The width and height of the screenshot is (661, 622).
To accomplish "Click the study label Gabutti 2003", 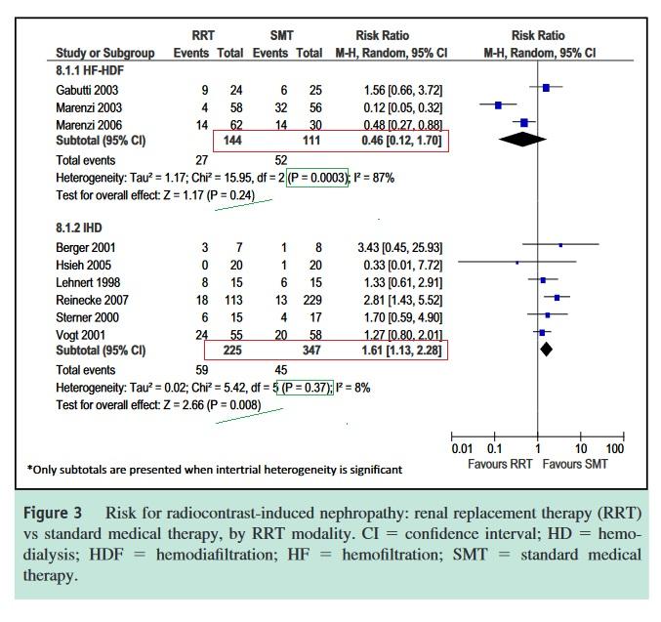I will (86, 90).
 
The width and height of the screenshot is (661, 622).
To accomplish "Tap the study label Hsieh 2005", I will (82, 265).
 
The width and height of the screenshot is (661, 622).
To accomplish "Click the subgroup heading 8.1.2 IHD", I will (80, 228).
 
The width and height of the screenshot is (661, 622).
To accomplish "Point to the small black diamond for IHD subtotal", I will (546, 349).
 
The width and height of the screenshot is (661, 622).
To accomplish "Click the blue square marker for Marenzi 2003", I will (498, 104).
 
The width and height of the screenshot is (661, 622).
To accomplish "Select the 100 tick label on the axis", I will (614, 449).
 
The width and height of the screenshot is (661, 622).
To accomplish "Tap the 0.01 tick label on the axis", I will (462, 449).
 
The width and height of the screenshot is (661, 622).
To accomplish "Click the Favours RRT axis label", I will (500, 464).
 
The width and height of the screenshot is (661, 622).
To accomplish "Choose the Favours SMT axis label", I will (575, 464).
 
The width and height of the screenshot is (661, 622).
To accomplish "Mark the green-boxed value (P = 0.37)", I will (306, 388).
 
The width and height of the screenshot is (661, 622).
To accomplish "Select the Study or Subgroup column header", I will (104, 52).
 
